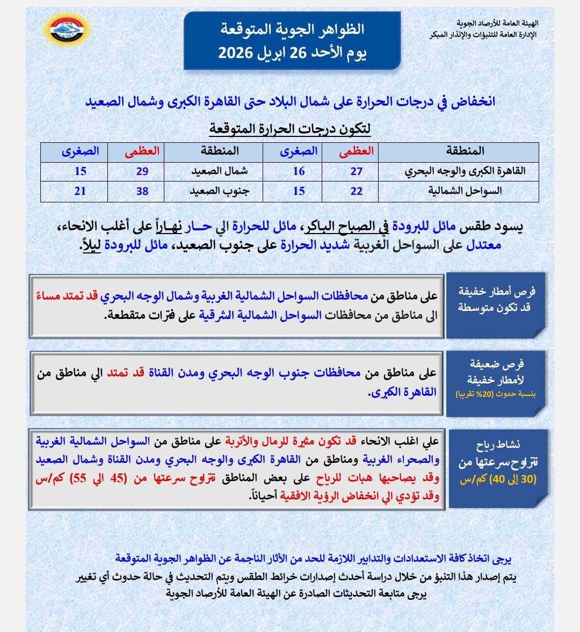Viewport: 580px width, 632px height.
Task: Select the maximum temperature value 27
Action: tap(357, 171)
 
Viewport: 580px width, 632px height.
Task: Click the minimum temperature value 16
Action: tap(299, 171)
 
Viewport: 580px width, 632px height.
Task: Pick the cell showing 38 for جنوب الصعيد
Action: tap(142, 191)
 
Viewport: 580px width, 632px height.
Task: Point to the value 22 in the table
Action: tap(357, 191)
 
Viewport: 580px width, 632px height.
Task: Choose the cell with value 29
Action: tap(142, 171)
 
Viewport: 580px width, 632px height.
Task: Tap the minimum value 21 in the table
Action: tap(80, 191)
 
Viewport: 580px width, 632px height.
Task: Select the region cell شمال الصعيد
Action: tap(220, 171)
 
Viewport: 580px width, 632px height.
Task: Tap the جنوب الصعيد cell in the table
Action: tap(220, 191)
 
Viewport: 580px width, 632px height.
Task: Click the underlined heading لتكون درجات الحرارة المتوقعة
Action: tap(289, 129)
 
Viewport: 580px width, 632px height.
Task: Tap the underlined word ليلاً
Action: tap(91, 245)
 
